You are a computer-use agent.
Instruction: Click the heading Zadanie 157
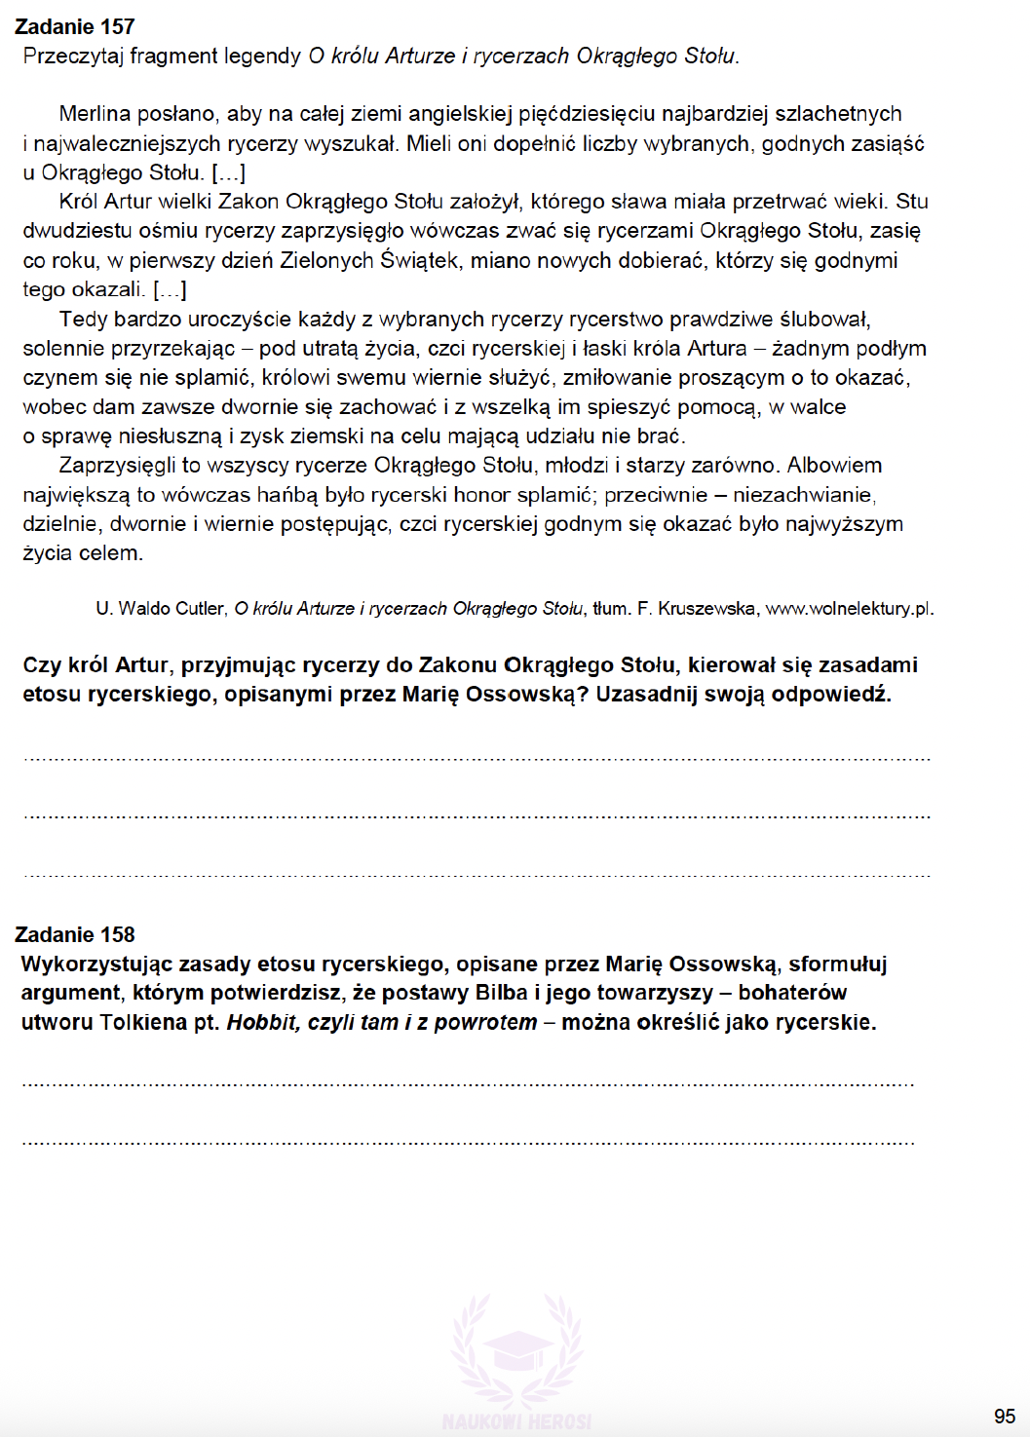75,27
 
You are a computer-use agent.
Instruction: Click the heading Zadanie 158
75,935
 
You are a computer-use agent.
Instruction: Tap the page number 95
1005,1417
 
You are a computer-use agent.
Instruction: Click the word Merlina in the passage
95,114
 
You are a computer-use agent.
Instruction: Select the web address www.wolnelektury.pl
848,609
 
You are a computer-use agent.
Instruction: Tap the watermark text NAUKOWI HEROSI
516,1421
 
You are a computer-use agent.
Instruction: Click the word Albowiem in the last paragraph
835,466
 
